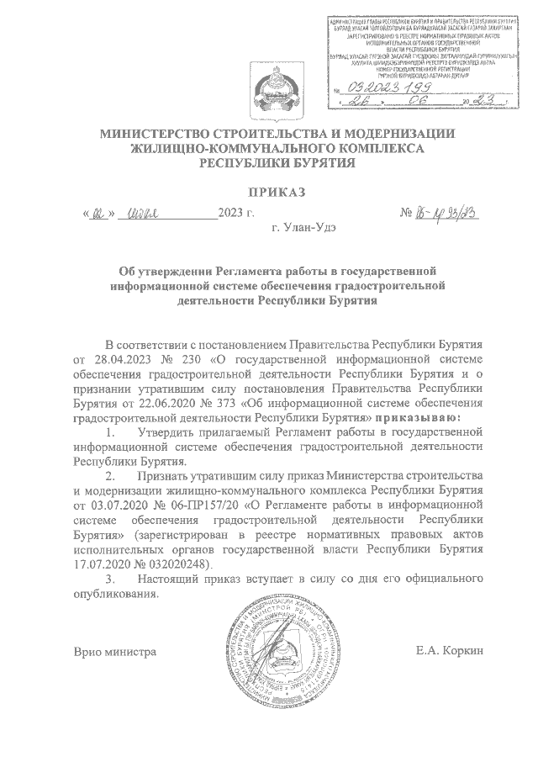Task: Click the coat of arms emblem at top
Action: click(x=269, y=88)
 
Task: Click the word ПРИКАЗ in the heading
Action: click(x=269, y=193)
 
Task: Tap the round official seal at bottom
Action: click(x=269, y=652)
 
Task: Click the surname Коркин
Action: click(x=466, y=651)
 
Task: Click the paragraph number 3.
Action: click(x=108, y=579)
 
